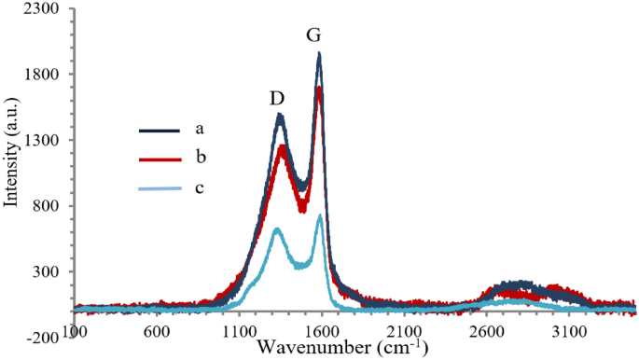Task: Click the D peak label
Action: (277, 98)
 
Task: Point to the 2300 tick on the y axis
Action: (43, 9)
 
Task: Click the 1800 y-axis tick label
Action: (43, 76)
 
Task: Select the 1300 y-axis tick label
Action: (43, 141)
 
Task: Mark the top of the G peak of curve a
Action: (319, 54)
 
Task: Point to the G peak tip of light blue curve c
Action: (320, 216)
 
